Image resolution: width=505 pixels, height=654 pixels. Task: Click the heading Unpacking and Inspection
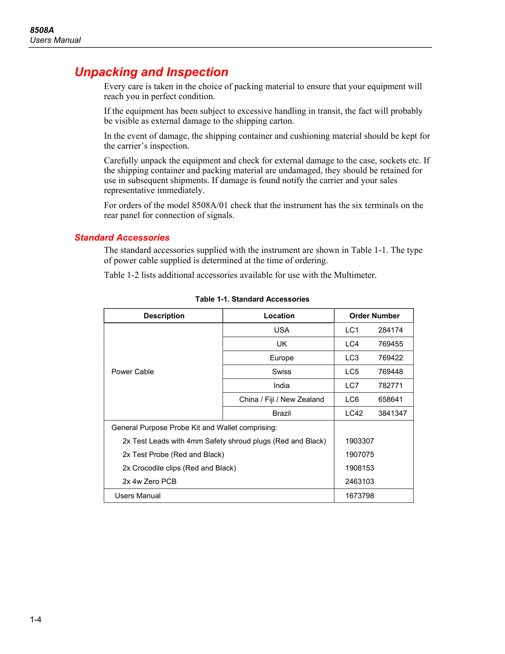[151, 72]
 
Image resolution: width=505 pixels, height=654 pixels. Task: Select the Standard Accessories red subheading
[122, 238]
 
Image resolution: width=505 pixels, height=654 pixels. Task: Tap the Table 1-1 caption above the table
[252, 299]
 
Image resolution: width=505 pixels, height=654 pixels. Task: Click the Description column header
[164, 316]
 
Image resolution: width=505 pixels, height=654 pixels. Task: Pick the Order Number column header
[374, 316]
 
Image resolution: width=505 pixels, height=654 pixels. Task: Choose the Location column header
[279, 316]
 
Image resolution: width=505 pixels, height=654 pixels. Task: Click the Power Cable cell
[133, 372]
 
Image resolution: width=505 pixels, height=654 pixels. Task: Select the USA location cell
[282, 330]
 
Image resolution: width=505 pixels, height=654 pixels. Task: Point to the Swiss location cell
[282, 372]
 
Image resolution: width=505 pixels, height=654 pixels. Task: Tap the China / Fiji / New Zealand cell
[282, 400]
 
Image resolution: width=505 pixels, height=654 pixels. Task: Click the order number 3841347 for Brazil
[393, 413]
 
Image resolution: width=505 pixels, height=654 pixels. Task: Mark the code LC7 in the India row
[352, 386]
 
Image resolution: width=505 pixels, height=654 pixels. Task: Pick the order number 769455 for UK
[391, 344]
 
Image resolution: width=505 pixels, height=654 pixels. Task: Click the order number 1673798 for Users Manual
[360, 496]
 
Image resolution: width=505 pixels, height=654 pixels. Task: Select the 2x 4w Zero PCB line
[149, 482]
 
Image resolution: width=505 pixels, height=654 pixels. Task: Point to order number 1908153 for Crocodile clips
[360, 468]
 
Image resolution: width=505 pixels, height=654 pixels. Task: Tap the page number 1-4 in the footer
[36, 620]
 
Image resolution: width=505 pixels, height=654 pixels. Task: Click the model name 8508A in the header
[42, 30]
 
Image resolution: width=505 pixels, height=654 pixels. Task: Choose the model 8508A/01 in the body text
[210, 205]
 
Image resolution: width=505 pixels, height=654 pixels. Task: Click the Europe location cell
[282, 358]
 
